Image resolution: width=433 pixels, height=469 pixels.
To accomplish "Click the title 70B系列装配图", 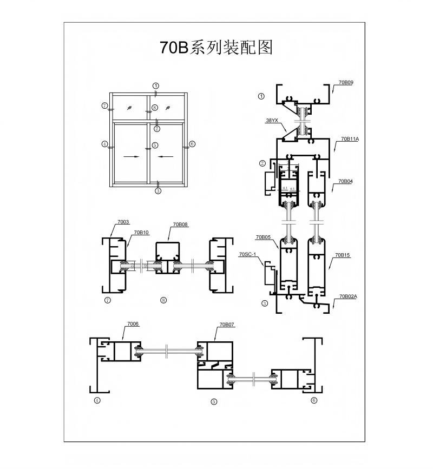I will click(216, 48).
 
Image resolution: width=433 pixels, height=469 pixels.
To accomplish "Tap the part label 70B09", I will click(345, 83).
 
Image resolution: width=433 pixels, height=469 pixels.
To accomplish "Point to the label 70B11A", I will click(349, 139).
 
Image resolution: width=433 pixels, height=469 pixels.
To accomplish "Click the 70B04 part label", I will click(345, 181).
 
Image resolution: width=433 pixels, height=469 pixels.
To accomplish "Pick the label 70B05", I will click(263, 237).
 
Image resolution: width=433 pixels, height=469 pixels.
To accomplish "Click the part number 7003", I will click(123, 222).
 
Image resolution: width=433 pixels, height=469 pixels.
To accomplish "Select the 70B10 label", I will click(141, 233).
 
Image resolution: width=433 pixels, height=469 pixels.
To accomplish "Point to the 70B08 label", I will click(180, 224).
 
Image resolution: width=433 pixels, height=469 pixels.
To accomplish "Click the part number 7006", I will click(133, 323).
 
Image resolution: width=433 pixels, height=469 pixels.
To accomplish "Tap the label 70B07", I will click(226, 325).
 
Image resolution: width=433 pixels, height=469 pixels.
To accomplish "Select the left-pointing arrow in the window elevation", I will click(166, 157).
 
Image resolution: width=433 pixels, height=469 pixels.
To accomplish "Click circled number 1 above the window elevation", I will click(156, 86).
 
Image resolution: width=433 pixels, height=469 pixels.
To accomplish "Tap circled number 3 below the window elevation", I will click(158, 190).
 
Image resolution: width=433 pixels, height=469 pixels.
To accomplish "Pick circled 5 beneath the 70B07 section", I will click(214, 401).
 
